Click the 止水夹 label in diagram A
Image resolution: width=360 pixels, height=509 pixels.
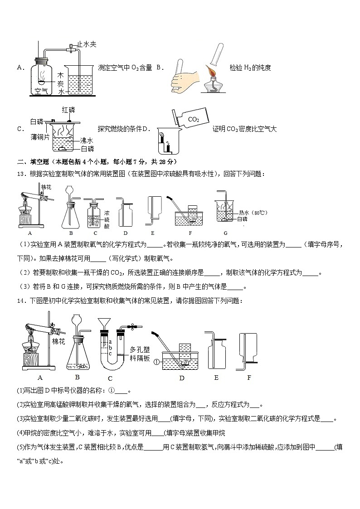87,44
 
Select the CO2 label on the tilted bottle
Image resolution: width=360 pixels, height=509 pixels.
193,119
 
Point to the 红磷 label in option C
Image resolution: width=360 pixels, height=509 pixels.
68,110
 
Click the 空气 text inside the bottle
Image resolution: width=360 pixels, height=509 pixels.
41,91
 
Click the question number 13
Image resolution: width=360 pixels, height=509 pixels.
21,174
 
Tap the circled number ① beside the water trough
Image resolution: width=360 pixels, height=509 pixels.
157,361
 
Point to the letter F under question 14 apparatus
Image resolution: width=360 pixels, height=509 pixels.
248,377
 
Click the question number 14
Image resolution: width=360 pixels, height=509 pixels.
21,301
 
